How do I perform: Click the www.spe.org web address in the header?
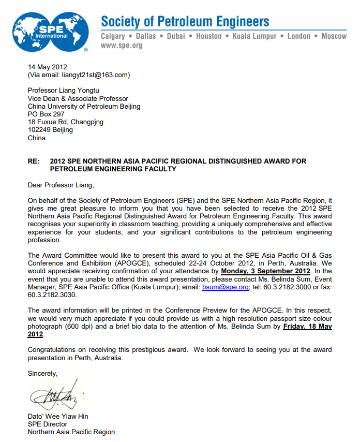(121, 46)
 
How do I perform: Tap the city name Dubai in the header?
(176, 36)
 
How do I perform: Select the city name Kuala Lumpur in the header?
(254, 36)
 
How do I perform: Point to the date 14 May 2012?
(48, 67)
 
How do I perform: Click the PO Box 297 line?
(46, 114)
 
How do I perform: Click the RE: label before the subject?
(34, 161)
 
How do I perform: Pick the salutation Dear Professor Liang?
(61, 184)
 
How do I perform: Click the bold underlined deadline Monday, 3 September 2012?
(265, 271)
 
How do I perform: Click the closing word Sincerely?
(42, 373)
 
